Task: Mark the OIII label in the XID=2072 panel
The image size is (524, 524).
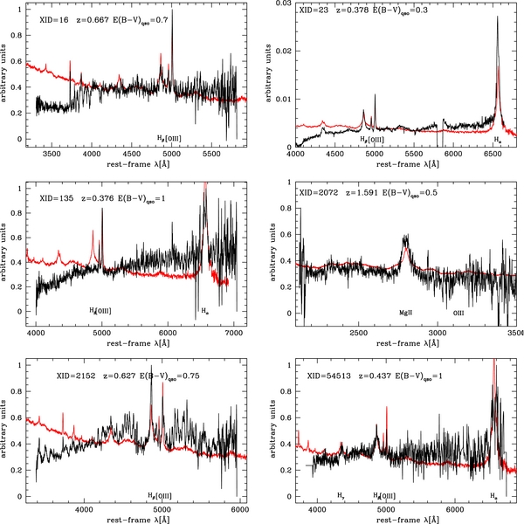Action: pyautogui.click(x=458, y=312)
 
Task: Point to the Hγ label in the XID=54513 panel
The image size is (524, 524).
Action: pyautogui.click(x=341, y=495)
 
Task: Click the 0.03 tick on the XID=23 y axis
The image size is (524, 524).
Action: pyautogui.click(x=282, y=5)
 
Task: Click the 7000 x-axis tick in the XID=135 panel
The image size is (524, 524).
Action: pyautogui.click(x=232, y=334)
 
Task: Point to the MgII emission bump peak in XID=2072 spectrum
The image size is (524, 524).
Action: pyautogui.click(x=405, y=237)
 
